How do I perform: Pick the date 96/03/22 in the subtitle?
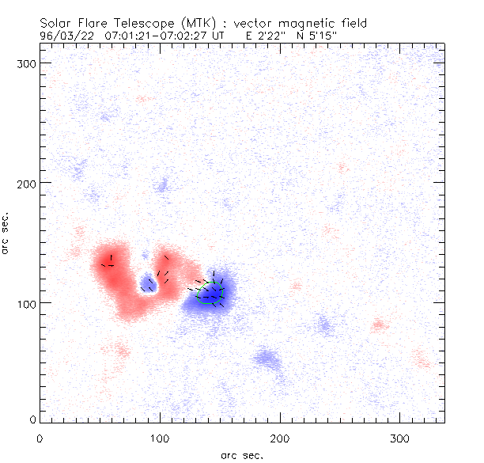66,36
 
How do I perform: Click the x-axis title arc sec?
242,454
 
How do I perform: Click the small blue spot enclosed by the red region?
147,283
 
